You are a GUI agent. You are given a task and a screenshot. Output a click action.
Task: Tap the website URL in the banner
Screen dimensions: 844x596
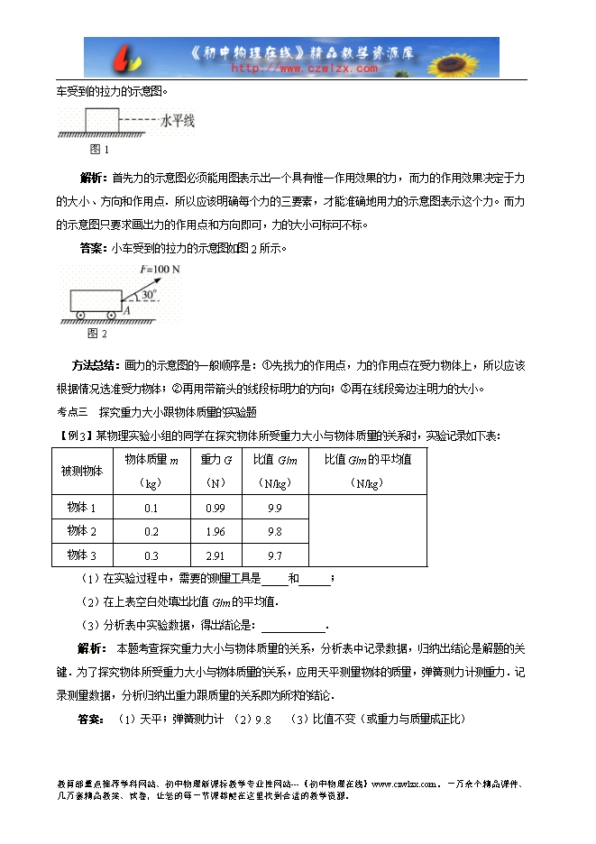(306, 68)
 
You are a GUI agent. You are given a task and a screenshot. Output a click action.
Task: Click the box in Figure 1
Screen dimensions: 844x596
(101, 121)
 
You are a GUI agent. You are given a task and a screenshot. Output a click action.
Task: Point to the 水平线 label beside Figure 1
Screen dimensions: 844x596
(178, 120)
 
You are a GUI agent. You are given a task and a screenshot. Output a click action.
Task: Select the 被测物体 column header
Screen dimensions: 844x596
(82, 471)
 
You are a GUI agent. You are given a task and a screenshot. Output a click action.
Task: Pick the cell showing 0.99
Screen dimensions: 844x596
(215, 508)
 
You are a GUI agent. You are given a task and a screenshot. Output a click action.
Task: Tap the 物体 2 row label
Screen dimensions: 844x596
(82, 532)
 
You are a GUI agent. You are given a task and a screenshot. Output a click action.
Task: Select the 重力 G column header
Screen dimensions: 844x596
(215, 459)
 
